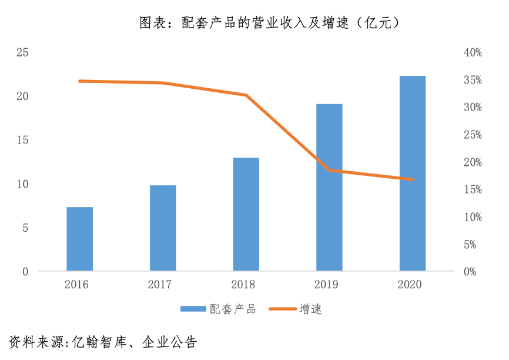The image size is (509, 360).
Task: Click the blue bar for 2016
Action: pos(79,239)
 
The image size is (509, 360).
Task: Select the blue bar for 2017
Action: pos(163,228)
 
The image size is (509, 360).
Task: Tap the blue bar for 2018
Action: pos(246,214)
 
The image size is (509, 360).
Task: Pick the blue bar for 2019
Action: pos(329,188)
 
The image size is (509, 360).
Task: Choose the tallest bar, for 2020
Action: pos(412,174)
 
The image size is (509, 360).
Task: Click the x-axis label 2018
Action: pos(243,285)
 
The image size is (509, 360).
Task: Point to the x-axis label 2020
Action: pos(410,285)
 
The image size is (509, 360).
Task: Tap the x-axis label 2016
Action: pos(76,285)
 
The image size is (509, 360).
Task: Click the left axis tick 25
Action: pos(22,52)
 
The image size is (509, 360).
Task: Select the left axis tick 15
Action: pos(22,140)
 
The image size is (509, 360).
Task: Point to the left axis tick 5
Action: pos(25,228)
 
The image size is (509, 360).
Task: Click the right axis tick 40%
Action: pos(473,52)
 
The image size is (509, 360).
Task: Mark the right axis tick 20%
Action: pos(473,162)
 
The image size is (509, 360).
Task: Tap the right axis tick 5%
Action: pos(474,245)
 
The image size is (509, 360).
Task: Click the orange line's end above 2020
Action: pos(412,179)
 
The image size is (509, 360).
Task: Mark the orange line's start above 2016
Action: pos(80,81)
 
